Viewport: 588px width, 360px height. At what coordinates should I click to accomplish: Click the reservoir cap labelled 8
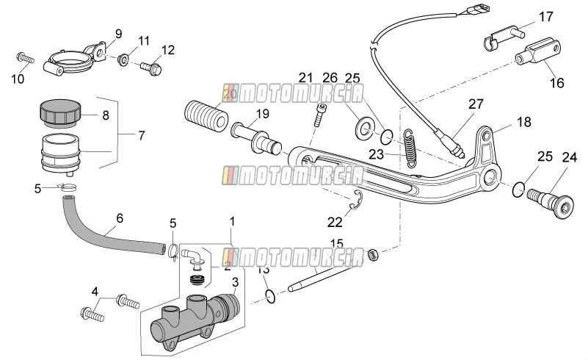coord(60,112)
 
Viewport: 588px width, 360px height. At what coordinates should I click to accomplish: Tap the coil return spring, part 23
coord(411,148)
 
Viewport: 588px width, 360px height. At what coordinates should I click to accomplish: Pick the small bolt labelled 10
coord(25,58)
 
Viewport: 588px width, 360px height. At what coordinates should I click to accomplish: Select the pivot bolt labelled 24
coord(551,203)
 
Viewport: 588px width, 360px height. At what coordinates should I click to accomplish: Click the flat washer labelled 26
coord(363,128)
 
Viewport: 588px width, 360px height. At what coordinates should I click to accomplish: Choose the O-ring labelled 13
coord(270,297)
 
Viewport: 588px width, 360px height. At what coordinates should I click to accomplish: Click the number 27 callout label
coord(476,104)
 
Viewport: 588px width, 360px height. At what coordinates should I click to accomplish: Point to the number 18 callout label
coord(524,122)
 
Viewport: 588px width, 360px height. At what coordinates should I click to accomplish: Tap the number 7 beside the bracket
coord(142,135)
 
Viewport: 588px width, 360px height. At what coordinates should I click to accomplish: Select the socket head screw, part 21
coord(319,115)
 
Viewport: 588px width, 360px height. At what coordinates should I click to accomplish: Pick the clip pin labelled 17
coord(503,37)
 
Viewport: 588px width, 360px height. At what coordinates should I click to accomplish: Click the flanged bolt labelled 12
coord(150,69)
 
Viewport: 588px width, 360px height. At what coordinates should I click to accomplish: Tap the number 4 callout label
coord(95,292)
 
